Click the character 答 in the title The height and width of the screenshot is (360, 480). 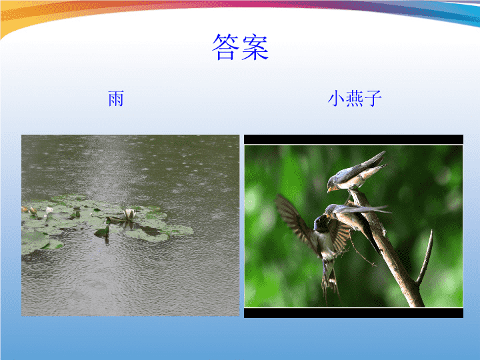(225, 47)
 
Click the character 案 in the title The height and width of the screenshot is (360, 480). (255, 47)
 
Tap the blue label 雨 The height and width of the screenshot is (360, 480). (116, 99)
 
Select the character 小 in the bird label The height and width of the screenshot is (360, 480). (336, 99)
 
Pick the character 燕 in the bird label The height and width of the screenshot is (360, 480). (355, 99)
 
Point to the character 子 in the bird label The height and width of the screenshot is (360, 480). (373, 99)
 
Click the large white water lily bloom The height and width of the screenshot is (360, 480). (129, 214)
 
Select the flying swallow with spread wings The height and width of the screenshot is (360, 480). (315, 242)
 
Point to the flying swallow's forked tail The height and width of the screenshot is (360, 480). (330, 281)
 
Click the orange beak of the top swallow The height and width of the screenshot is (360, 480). (329, 190)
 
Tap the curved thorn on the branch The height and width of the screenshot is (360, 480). (425, 258)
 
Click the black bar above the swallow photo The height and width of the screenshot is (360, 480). (353, 139)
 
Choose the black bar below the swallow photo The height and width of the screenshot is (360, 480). (353, 313)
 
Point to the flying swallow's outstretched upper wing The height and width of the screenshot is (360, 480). (294, 217)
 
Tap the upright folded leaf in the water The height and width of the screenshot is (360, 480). (103, 232)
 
